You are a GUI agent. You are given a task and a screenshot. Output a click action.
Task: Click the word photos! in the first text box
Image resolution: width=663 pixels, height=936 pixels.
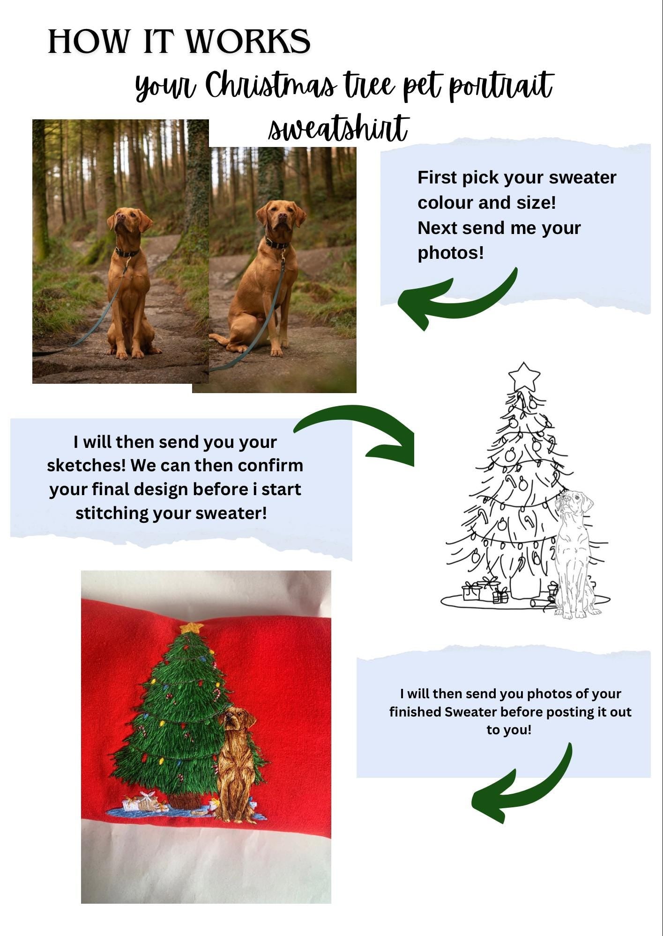pyautogui.click(x=450, y=253)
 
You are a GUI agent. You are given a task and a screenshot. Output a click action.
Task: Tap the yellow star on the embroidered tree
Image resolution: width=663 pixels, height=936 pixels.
pyautogui.click(x=192, y=628)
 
